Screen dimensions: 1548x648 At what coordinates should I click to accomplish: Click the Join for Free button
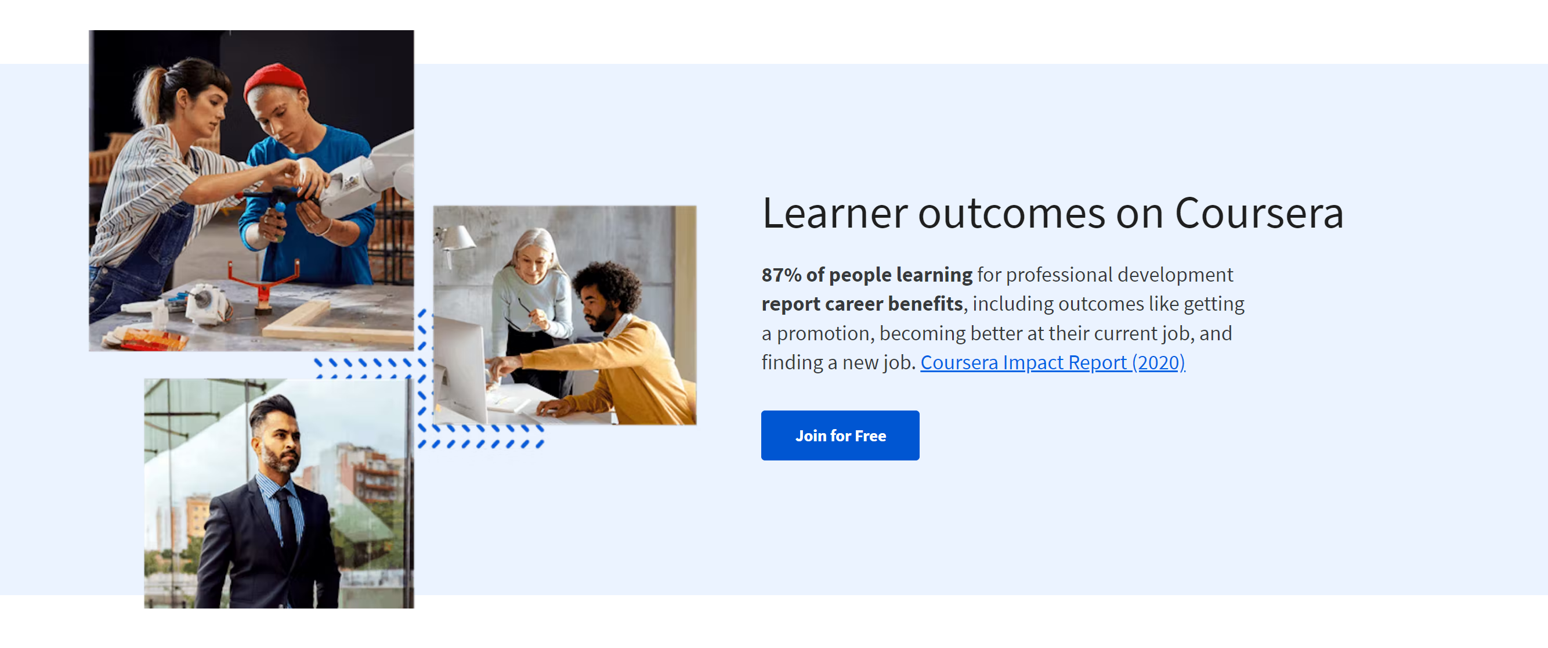point(840,435)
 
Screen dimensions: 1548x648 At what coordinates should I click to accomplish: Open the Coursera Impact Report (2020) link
point(1053,362)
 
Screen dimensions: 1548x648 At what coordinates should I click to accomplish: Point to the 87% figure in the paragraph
point(781,275)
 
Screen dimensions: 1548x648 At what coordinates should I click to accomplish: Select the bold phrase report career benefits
point(862,304)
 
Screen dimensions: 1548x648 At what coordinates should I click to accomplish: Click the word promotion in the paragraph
point(823,334)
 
